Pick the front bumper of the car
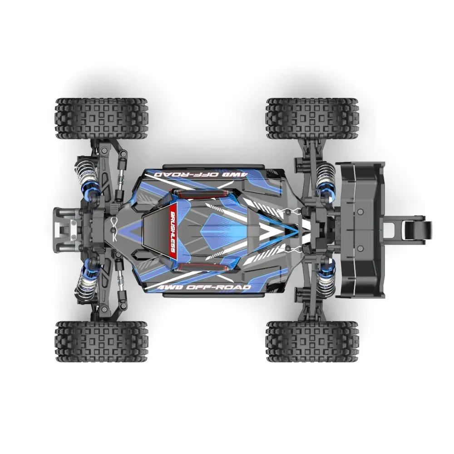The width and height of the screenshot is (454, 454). coord(64,227)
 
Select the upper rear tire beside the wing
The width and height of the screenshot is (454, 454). coord(312,118)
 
